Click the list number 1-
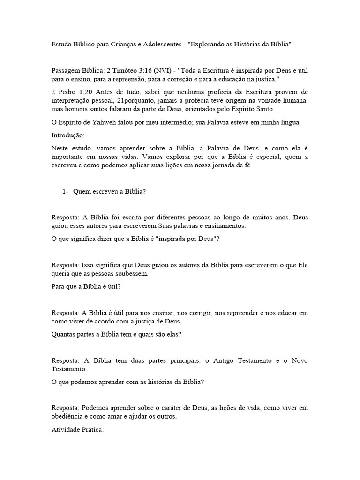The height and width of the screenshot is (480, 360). click(66, 192)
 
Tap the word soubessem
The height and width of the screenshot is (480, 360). click(145, 273)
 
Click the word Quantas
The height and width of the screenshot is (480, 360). click(63, 334)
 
